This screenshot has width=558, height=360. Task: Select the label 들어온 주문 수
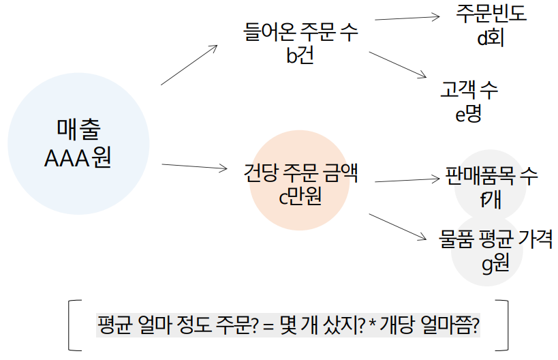300,32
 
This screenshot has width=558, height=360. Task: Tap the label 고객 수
469,89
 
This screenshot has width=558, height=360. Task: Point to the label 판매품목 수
491,175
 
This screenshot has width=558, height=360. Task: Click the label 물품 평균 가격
496,239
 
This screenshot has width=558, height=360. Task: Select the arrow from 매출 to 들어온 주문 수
189,65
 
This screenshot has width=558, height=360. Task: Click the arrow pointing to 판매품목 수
407,180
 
